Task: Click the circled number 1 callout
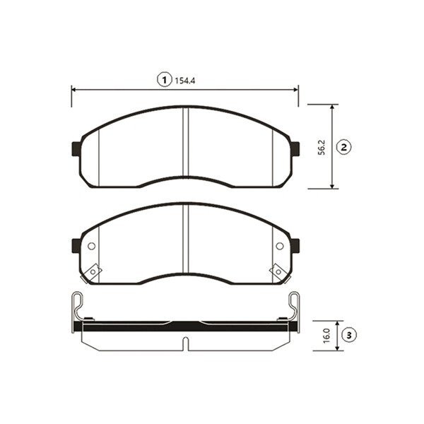(165, 80)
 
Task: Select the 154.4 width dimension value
(185, 81)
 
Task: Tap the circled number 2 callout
(343, 148)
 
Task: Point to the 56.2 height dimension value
(322, 148)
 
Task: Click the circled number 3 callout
(349, 335)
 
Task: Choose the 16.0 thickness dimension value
(326, 336)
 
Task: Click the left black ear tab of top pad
(76, 148)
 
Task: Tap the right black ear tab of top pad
(295, 148)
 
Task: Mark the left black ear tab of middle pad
(76, 245)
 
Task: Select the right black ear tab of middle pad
(295, 245)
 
